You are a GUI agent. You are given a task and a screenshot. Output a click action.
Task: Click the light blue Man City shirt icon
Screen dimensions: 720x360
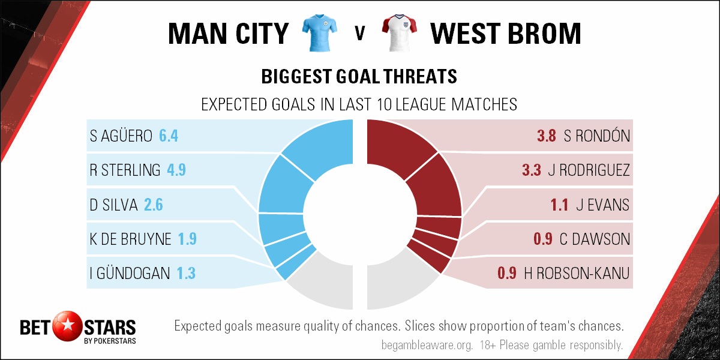(x=319, y=33)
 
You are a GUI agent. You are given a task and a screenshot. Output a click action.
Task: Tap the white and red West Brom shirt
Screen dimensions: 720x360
(x=400, y=33)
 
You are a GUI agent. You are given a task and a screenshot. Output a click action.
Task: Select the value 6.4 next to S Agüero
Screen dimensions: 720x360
(x=169, y=136)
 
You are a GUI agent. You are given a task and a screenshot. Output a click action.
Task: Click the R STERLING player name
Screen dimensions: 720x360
(x=125, y=170)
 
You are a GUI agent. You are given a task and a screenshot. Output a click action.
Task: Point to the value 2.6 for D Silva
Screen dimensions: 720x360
(x=154, y=205)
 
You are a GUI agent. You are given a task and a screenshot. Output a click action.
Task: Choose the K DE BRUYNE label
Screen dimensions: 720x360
(x=130, y=239)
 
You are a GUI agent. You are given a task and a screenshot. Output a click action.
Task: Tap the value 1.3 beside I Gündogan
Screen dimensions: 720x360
(x=186, y=274)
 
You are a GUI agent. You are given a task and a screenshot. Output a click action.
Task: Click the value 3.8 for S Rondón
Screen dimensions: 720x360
(x=547, y=136)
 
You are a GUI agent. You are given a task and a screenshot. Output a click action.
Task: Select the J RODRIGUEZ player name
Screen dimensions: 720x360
(x=589, y=170)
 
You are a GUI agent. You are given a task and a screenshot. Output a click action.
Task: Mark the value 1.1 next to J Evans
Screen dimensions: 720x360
(x=559, y=205)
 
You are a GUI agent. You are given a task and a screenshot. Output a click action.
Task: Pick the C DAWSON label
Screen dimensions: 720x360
(x=595, y=239)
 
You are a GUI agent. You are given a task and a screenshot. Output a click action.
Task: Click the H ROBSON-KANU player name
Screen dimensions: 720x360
(x=577, y=274)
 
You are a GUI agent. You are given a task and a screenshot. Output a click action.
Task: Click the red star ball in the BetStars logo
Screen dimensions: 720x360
(x=67, y=326)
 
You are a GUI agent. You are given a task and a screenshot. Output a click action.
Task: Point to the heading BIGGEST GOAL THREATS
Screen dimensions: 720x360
(x=359, y=77)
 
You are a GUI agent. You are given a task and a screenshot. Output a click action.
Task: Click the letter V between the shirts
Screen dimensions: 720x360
(x=359, y=33)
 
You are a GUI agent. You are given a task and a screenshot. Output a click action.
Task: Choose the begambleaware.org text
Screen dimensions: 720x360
(x=427, y=345)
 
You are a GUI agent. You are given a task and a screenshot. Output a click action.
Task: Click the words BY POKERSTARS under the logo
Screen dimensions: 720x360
(x=110, y=341)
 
